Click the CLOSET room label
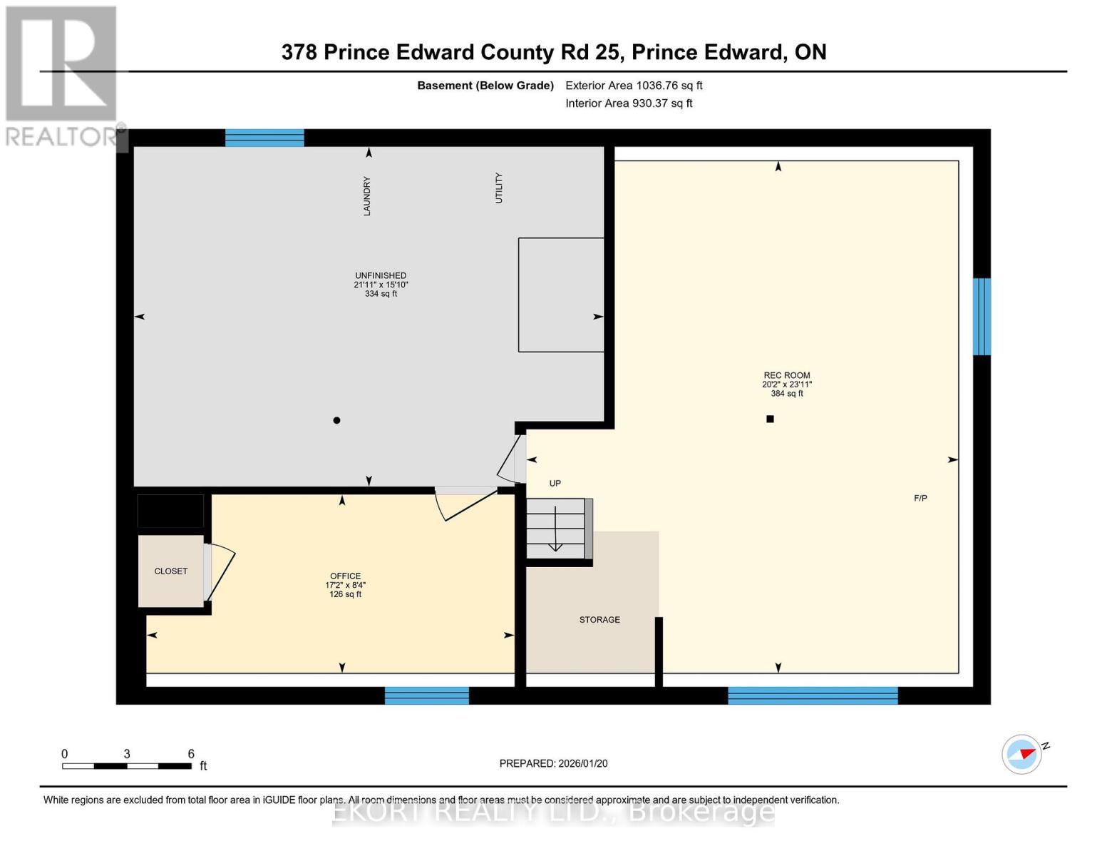click(x=171, y=571)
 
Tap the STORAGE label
click(x=599, y=620)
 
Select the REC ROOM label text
click(x=787, y=375)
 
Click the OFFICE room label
click(x=346, y=576)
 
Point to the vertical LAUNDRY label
click(x=367, y=196)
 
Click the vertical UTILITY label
click(x=499, y=188)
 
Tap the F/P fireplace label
click(x=920, y=499)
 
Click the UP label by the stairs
click(x=555, y=484)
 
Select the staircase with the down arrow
click(x=556, y=529)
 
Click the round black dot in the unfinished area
click(x=337, y=420)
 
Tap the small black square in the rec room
click(x=770, y=419)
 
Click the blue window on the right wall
click(x=982, y=317)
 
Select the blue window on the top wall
click(x=264, y=138)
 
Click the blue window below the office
click(x=427, y=695)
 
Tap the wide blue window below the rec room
click(x=813, y=695)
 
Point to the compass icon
click(x=1021, y=754)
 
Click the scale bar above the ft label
click(x=127, y=766)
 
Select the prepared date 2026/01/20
click(x=553, y=763)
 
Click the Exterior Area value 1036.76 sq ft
click(x=634, y=86)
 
